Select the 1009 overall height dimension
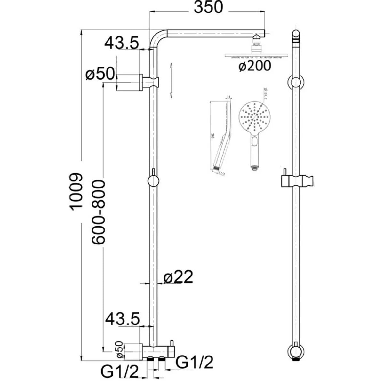76,191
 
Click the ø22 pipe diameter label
178,277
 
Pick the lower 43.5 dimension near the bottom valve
123,319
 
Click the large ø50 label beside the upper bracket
100,74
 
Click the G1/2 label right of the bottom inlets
195,363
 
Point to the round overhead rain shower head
255,56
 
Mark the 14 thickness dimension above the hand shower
228,96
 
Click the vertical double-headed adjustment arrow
172,80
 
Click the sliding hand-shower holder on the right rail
296,181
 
